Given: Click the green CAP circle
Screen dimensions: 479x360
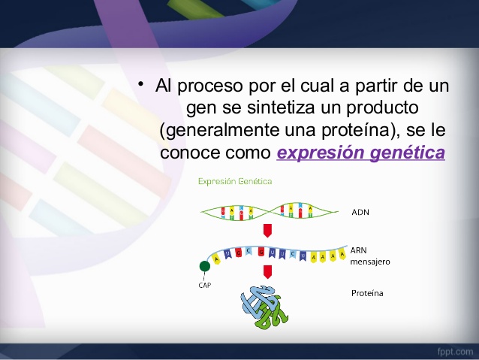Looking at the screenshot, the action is click(x=205, y=266).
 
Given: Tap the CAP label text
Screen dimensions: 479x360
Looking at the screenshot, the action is click(x=205, y=286).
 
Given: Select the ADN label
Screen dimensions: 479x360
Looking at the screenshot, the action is click(x=360, y=212).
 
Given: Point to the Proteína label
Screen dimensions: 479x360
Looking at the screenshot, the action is click(x=367, y=293).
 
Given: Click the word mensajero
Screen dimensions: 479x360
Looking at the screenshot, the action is click(x=370, y=262).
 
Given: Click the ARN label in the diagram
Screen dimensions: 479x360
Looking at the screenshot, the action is click(x=358, y=250).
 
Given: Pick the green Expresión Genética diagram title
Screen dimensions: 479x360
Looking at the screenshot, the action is click(x=235, y=181).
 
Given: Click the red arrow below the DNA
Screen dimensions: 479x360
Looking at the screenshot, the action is click(x=267, y=231).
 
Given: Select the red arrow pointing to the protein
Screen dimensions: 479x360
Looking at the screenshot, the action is click(x=267, y=272).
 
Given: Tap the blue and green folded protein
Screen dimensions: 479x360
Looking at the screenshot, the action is click(x=264, y=307).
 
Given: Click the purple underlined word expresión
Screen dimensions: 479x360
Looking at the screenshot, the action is click(x=321, y=153).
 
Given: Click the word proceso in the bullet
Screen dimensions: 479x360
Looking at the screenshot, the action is click(x=210, y=86).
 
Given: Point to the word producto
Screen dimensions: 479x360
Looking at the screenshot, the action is click(x=382, y=108).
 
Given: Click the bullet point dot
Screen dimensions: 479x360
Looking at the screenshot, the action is click(x=140, y=84).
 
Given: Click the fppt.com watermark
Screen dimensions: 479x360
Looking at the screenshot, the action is click(x=455, y=352).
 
